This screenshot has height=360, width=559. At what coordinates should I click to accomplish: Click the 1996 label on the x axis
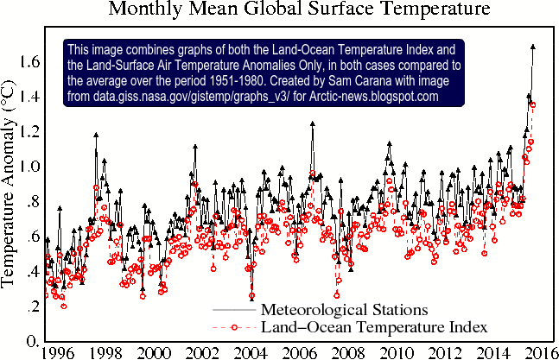tap(59, 352)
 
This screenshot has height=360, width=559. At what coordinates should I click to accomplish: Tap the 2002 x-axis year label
tap(202, 352)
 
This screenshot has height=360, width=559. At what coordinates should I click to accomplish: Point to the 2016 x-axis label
tap(540, 352)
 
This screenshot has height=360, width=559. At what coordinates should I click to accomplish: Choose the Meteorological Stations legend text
tap(344, 308)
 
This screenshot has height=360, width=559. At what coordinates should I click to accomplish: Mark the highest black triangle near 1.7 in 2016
tap(532, 47)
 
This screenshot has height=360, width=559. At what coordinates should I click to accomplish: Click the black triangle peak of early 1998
tap(96, 135)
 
